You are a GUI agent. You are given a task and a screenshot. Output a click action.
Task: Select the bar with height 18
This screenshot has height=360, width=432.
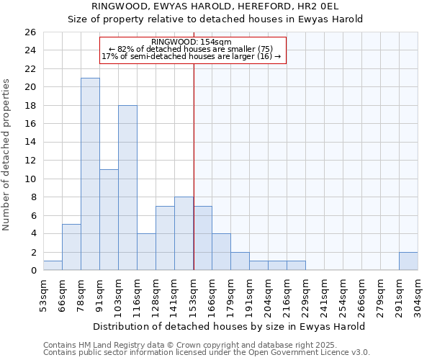(x=127, y=188)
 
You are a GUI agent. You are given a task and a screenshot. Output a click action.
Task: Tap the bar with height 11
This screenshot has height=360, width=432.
(x=109, y=220)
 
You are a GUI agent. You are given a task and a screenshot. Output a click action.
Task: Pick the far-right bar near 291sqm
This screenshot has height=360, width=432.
(x=408, y=261)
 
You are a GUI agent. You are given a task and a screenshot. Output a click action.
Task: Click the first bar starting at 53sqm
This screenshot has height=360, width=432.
(x=53, y=266)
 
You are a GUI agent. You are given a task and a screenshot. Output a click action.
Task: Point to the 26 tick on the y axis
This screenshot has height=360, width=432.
(x=30, y=32)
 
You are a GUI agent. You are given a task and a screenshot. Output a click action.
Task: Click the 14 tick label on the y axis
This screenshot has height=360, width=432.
(x=30, y=143)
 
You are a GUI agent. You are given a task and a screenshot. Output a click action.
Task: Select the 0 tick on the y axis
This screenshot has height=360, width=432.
(x=32, y=271)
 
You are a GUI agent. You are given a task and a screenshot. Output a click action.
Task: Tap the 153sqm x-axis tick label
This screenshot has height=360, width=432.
(x=194, y=294)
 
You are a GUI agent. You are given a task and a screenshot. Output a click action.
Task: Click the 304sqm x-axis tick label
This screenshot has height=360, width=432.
(x=418, y=294)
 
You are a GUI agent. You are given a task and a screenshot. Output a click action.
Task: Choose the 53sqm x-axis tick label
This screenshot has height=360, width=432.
(x=44, y=294)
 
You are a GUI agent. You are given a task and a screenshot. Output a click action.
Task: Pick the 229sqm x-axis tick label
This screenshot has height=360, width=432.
(x=306, y=294)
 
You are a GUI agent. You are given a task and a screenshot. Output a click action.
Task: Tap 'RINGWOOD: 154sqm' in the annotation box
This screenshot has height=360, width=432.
(x=192, y=42)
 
